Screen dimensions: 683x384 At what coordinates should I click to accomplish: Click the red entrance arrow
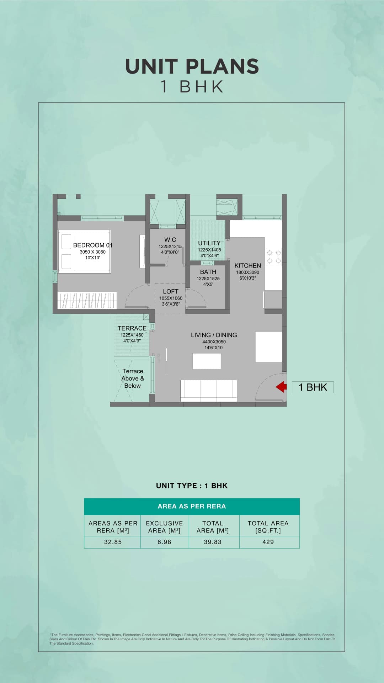pyautogui.click(x=281, y=387)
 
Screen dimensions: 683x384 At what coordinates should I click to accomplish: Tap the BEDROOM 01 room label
pyautogui.click(x=92, y=245)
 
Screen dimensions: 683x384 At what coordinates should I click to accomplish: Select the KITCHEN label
pyautogui.click(x=247, y=265)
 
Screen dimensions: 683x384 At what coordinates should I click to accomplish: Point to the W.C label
pyautogui.click(x=170, y=240)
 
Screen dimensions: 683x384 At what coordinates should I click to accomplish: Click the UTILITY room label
pyautogui.click(x=209, y=243)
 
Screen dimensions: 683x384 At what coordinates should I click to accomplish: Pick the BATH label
pyautogui.click(x=208, y=272)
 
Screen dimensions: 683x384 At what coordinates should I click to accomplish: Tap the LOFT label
pyautogui.click(x=171, y=291)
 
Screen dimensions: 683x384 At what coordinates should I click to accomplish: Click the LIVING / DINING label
pyautogui.click(x=214, y=335)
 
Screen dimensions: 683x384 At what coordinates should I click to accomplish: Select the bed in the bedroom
pyautogui.click(x=84, y=252)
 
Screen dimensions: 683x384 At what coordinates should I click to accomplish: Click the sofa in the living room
pyautogui.click(x=208, y=390)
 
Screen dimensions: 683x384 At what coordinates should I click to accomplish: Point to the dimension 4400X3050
pyautogui.click(x=214, y=342)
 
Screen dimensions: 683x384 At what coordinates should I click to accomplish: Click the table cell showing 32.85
pyautogui.click(x=113, y=542)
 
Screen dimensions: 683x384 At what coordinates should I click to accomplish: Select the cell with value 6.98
pyautogui.click(x=164, y=542)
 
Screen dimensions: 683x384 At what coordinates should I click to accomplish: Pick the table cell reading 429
pyautogui.click(x=268, y=542)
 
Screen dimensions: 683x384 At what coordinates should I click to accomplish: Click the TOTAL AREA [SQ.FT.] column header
pyautogui.click(x=268, y=527)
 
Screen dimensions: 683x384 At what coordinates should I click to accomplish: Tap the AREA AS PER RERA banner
pyautogui.click(x=192, y=506)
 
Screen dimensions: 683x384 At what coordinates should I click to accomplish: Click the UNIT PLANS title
pyautogui.click(x=192, y=67)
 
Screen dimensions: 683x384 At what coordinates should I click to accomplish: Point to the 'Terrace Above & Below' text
pyautogui.click(x=133, y=378)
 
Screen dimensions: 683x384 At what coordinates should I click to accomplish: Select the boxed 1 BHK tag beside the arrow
pyautogui.click(x=313, y=387)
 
